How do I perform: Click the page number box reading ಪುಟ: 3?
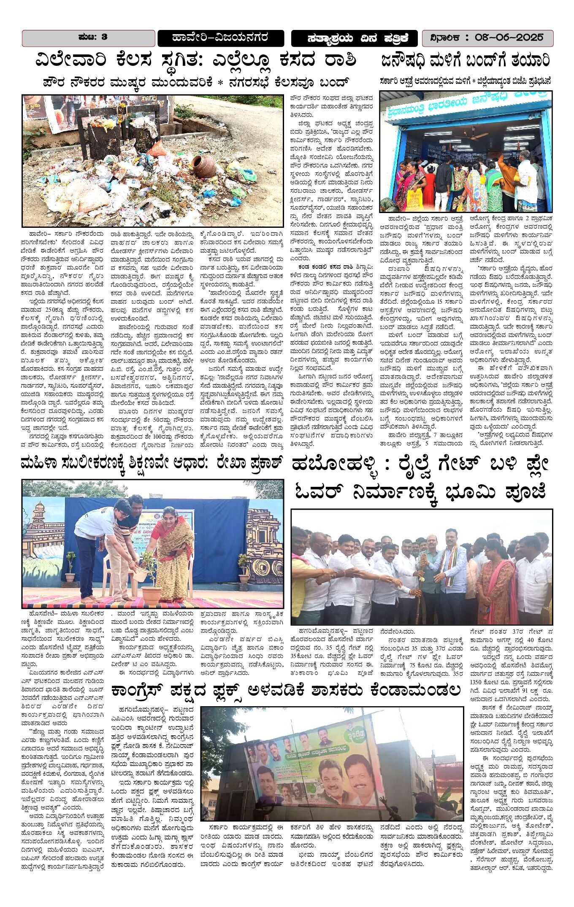[x=89, y=38]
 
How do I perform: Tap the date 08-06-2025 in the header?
[x=509, y=38]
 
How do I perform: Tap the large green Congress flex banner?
[x=321, y=768]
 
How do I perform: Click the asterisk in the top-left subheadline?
[x=220, y=82]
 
